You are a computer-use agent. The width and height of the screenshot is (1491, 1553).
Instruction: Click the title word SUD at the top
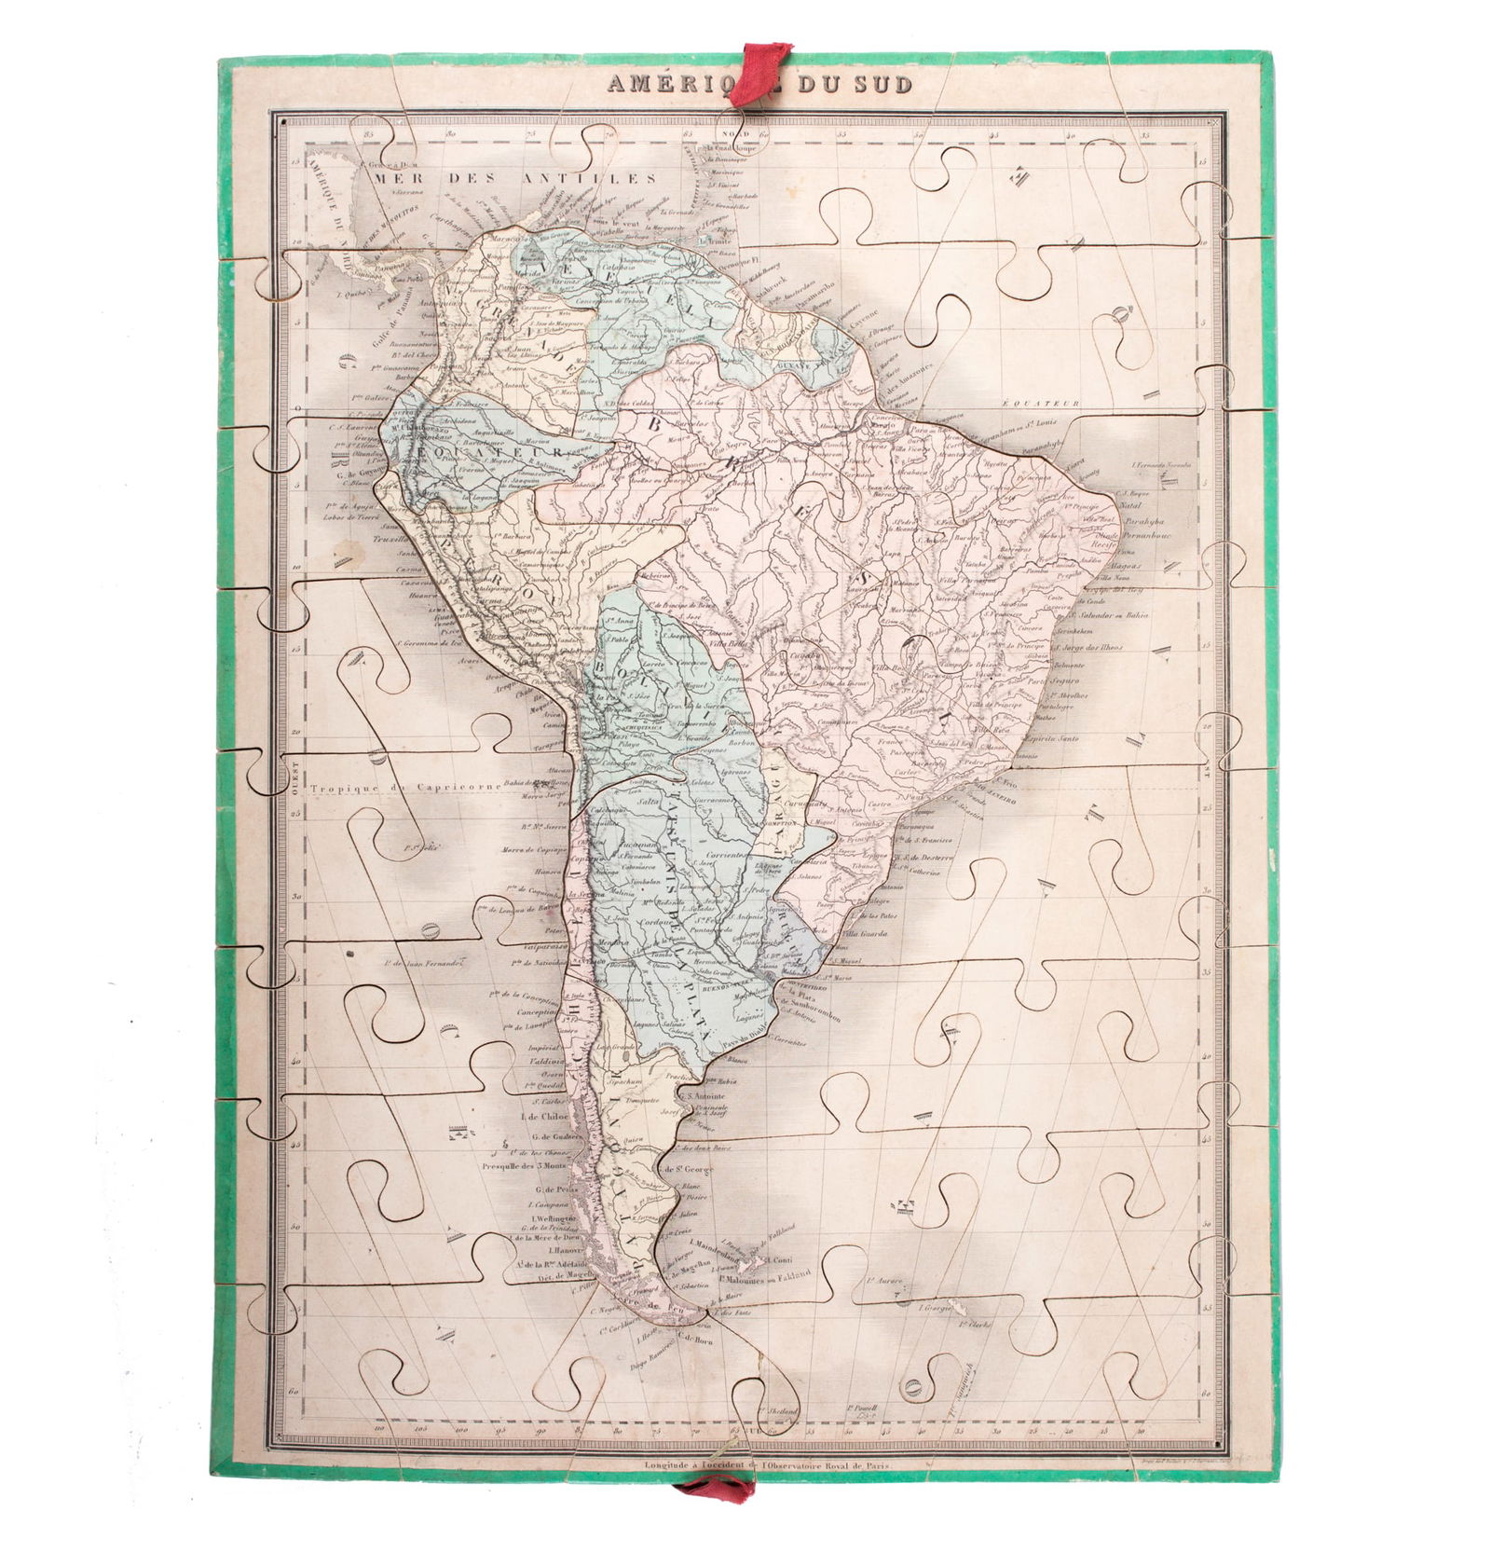click(x=881, y=84)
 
